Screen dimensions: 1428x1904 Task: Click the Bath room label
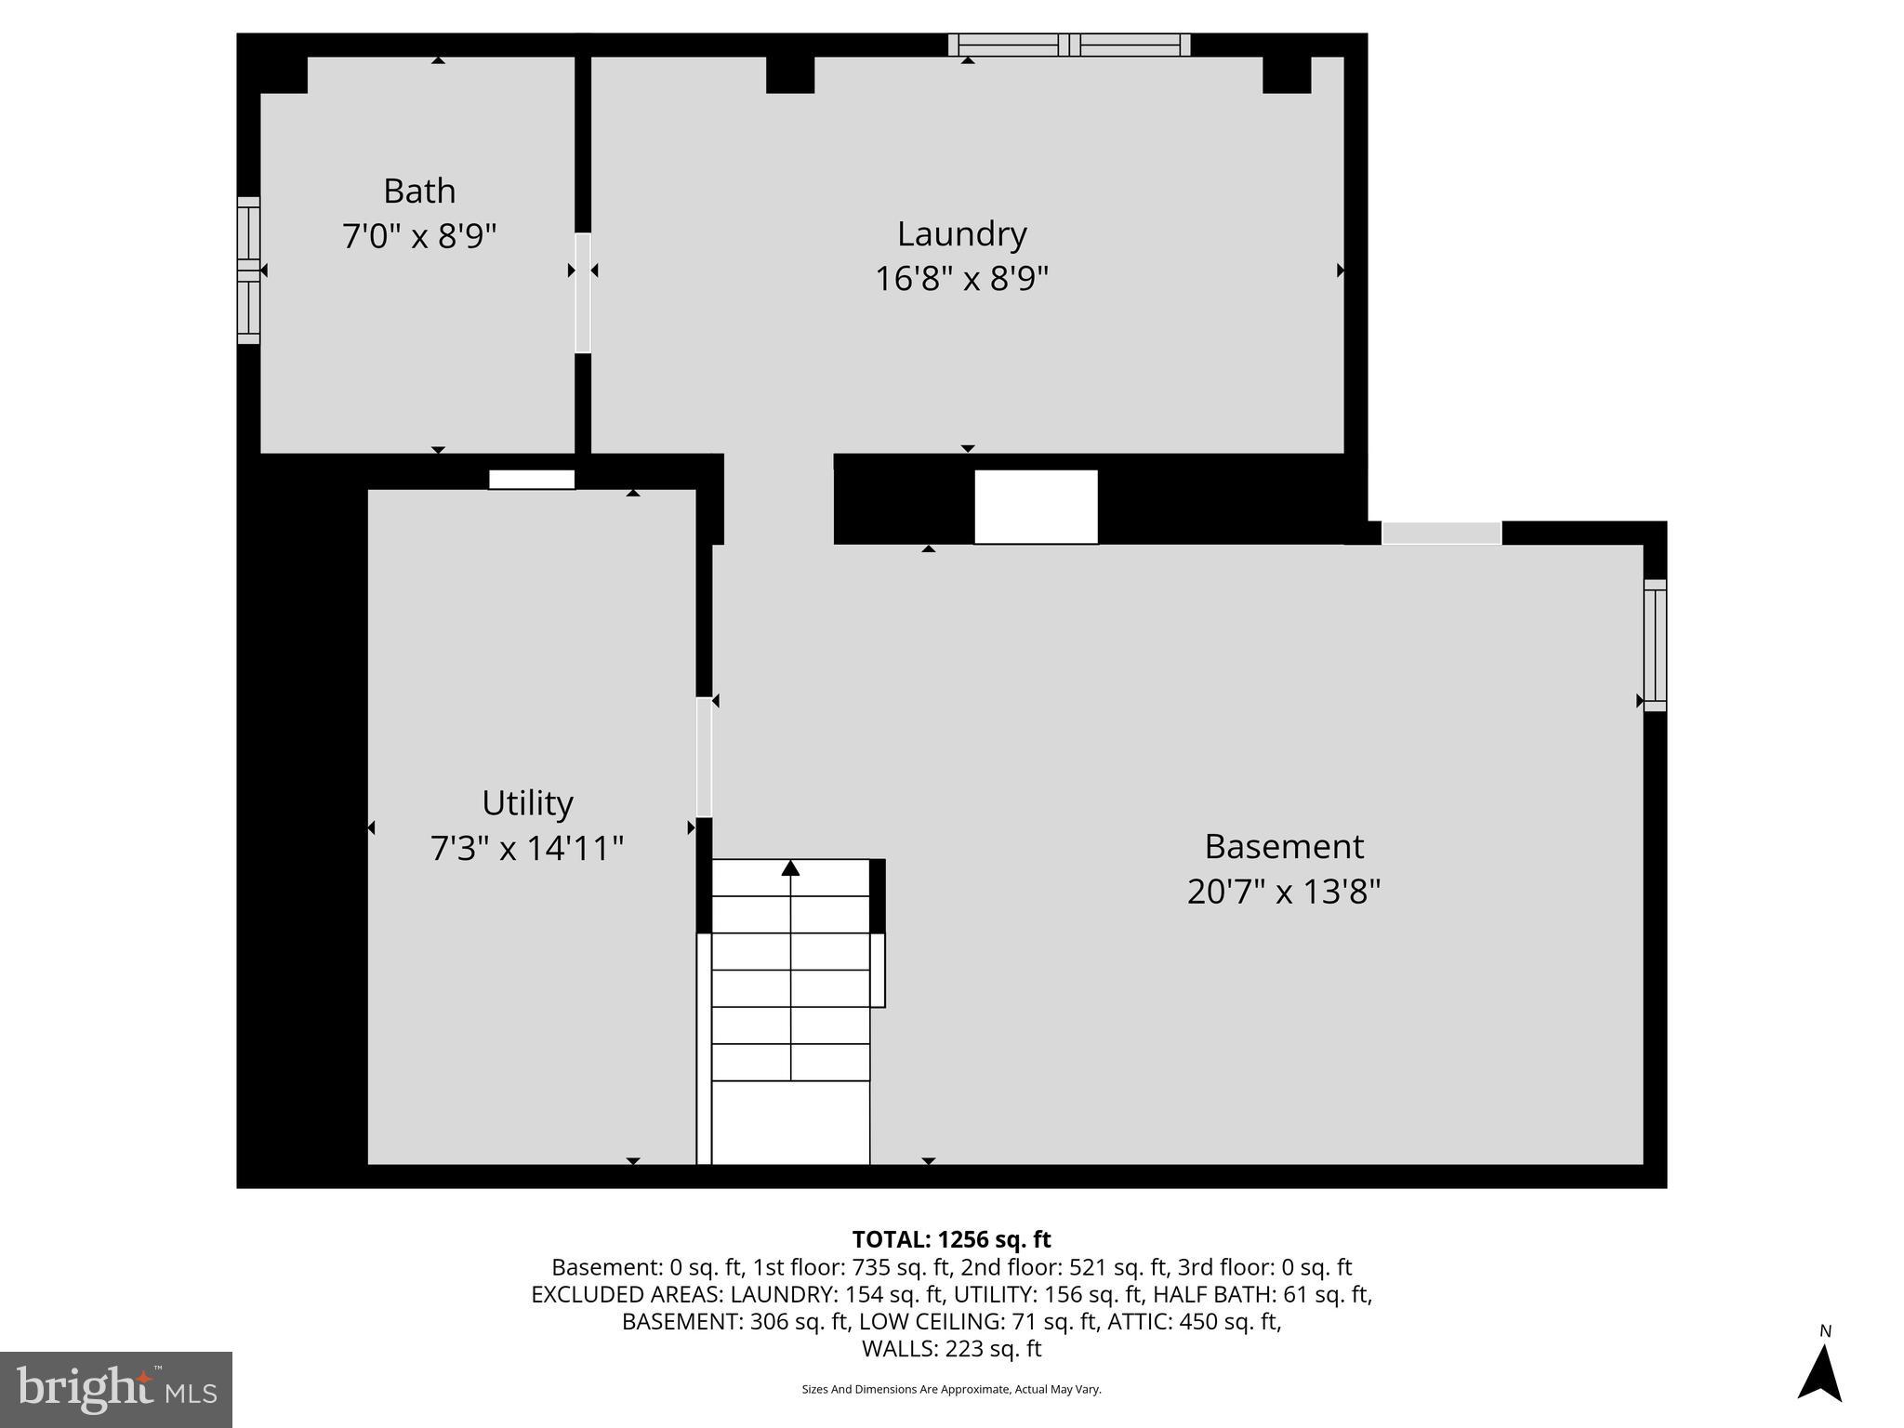click(419, 192)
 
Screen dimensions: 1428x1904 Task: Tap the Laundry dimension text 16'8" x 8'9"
click(961, 279)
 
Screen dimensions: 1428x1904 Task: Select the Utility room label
click(527, 803)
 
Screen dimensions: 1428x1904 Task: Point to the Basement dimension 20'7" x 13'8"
click(1283, 892)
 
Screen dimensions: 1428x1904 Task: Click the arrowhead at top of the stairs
click(790, 868)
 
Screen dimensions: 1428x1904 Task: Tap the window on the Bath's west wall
click(248, 270)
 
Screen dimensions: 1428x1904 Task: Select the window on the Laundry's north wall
click(1069, 45)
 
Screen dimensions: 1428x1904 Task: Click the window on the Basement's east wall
click(1655, 645)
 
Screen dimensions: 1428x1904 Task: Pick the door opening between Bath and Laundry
click(583, 293)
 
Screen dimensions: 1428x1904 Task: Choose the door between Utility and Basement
click(704, 758)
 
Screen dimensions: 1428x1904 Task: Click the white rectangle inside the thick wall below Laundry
click(1036, 507)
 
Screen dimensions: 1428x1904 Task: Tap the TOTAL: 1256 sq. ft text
click(951, 1239)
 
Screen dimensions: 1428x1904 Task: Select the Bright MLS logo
click(116, 1389)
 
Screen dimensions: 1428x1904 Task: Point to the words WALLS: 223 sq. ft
click(951, 1349)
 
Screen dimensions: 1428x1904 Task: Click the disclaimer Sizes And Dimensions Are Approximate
click(951, 1390)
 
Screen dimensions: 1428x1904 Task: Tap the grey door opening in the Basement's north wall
click(1441, 534)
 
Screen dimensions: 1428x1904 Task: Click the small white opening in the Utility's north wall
click(532, 480)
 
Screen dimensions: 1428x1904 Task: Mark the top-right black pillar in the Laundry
click(1287, 74)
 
